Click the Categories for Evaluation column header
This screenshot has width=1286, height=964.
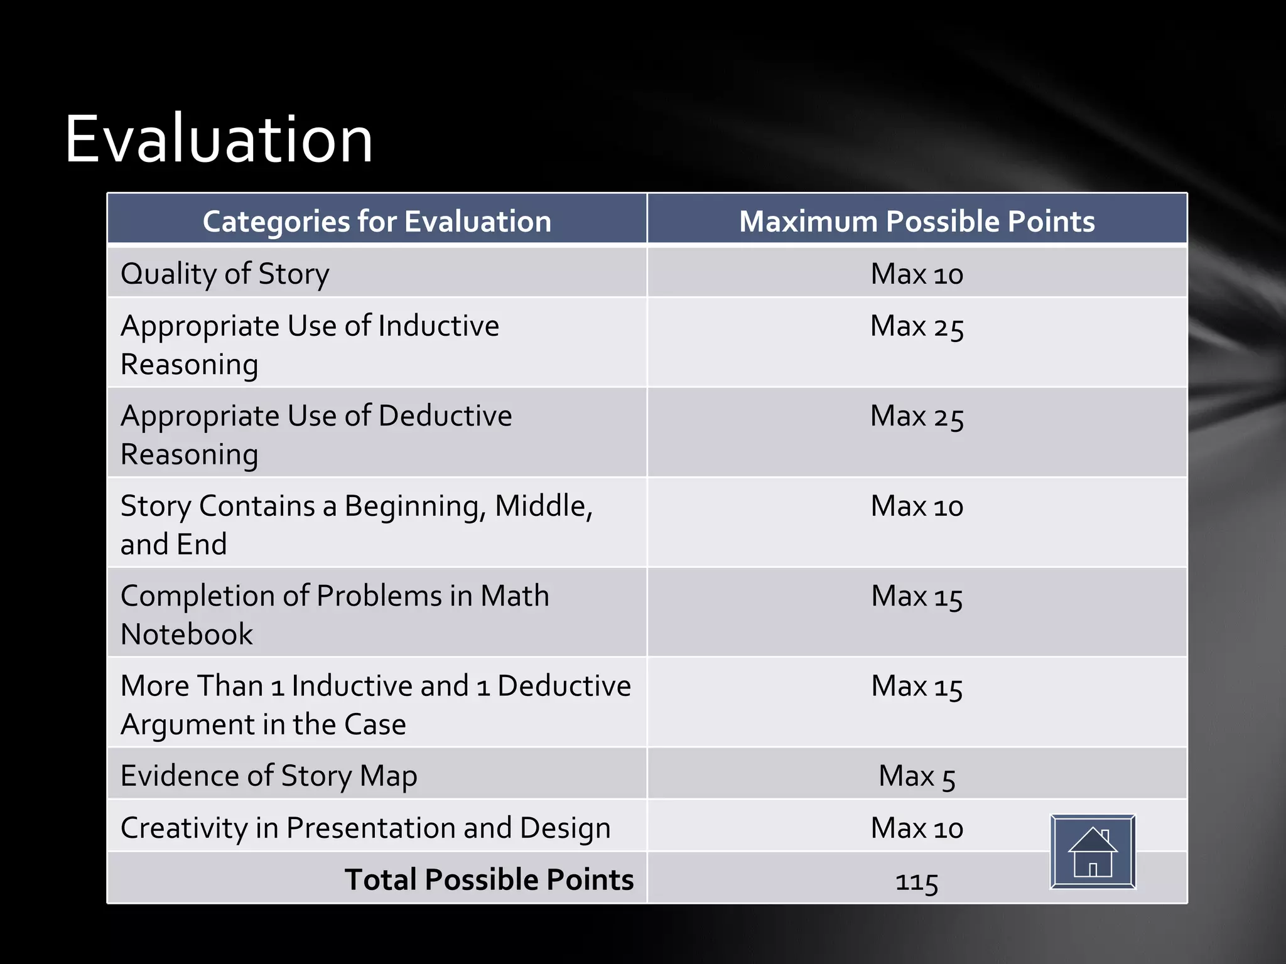pyautogui.click(x=377, y=222)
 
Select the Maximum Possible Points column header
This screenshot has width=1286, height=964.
pyautogui.click(x=917, y=222)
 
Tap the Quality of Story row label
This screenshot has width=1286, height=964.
pyautogui.click(x=225, y=274)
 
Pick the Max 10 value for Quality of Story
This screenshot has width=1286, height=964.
pyautogui.click(x=917, y=274)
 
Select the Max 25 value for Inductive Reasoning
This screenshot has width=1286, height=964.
pyautogui.click(x=917, y=327)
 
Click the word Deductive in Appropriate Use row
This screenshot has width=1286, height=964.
pyautogui.click(x=445, y=416)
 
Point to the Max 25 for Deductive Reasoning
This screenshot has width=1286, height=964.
pyautogui.click(x=917, y=417)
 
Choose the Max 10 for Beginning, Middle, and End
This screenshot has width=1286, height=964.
pyautogui.click(x=917, y=506)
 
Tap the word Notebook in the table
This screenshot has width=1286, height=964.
pyautogui.click(x=186, y=635)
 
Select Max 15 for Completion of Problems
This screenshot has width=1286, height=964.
pyautogui.click(x=917, y=596)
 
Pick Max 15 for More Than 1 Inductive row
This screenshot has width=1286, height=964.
pyautogui.click(x=917, y=686)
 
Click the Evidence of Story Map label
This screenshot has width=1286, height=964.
pyautogui.click(x=269, y=776)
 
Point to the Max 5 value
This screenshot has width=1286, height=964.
pyautogui.click(x=917, y=776)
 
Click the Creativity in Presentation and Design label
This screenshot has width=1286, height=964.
pyautogui.click(x=365, y=828)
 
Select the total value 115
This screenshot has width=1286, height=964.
pyautogui.click(x=917, y=881)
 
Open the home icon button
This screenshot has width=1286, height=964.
pyautogui.click(x=1093, y=852)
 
